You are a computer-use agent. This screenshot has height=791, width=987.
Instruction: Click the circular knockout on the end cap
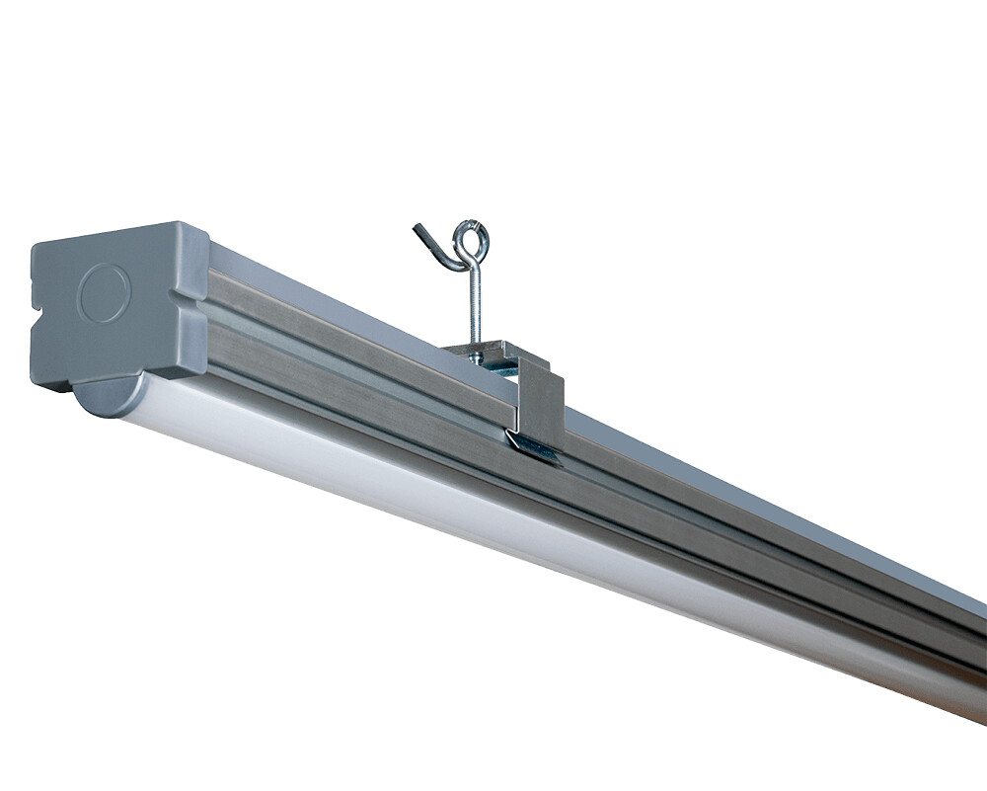(x=105, y=293)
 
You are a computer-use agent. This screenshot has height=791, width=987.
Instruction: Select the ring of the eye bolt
(x=471, y=240)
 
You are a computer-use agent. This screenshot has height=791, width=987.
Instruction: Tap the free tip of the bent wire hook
(x=416, y=228)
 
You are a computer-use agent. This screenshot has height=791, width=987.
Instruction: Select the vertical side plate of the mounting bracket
(x=541, y=399)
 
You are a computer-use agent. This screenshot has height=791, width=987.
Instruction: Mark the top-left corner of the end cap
(x=36, y=243)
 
